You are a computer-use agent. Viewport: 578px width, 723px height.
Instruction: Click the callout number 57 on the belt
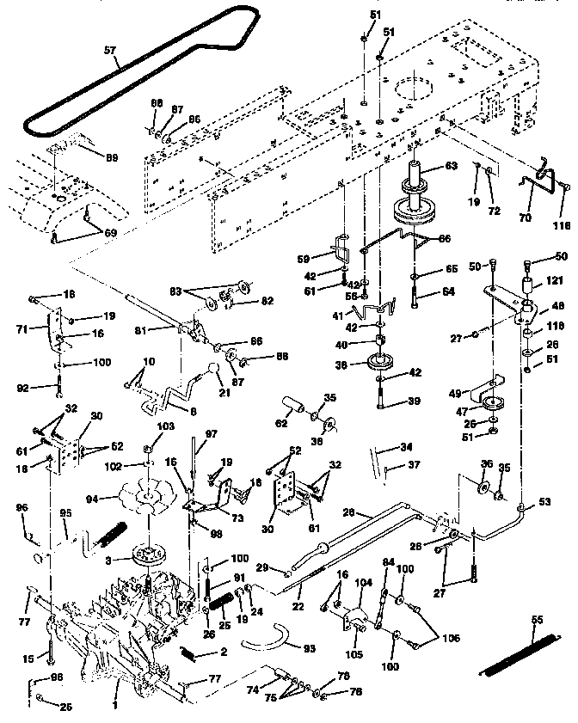tap(108, 51)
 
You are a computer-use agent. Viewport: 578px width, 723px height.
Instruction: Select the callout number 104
tap(364, 583)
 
